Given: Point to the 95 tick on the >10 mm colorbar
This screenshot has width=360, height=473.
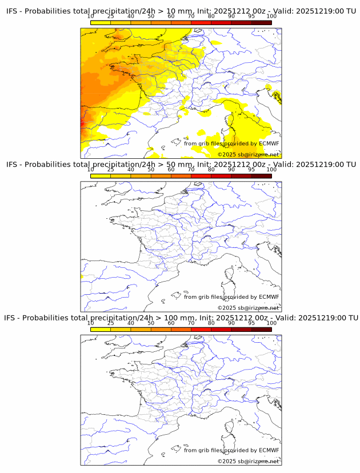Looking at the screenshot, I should point(251,17).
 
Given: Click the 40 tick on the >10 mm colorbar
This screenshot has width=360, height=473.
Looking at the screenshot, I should point(131,17).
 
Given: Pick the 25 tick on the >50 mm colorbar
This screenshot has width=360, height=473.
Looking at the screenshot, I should point(111,170).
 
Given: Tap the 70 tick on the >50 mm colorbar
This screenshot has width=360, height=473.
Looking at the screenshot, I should point(191,170).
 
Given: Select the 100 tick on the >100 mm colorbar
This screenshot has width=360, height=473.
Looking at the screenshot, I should point(271,323).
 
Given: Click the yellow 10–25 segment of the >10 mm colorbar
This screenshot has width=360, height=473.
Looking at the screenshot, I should point(101,23).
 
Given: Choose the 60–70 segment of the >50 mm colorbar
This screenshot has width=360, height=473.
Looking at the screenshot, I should point(181,176).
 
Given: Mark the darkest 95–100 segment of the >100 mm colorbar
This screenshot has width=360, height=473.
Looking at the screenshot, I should point(261,329).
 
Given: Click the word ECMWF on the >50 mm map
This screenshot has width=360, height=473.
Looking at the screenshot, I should point(269,296).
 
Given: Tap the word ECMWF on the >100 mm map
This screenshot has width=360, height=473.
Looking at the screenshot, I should point(269,450).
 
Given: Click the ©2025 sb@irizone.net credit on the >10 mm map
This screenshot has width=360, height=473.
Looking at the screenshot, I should point(248,154).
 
